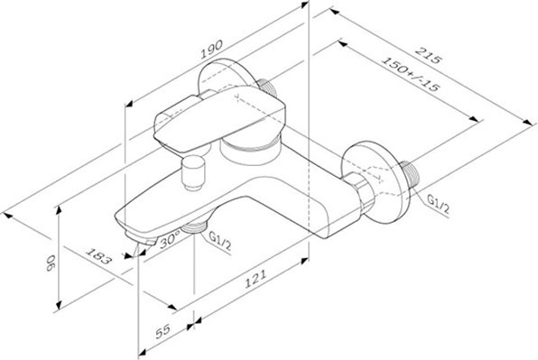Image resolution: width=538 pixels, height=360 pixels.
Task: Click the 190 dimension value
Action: pos(211,50)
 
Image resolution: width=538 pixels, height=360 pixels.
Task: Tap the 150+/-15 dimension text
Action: pos(411,74)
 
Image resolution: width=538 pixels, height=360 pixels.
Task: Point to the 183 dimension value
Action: pos(98,255)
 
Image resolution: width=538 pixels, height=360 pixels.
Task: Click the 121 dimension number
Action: pos(255,279)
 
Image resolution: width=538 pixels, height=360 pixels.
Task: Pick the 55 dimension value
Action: pos(162,331)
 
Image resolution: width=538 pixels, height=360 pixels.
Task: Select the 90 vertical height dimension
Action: pos(51,263)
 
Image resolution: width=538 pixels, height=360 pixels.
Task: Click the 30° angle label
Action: pos(171,238)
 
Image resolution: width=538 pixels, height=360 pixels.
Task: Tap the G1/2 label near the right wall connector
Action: pos(438,204)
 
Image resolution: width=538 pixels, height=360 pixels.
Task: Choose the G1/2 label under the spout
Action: pos(220,242)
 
